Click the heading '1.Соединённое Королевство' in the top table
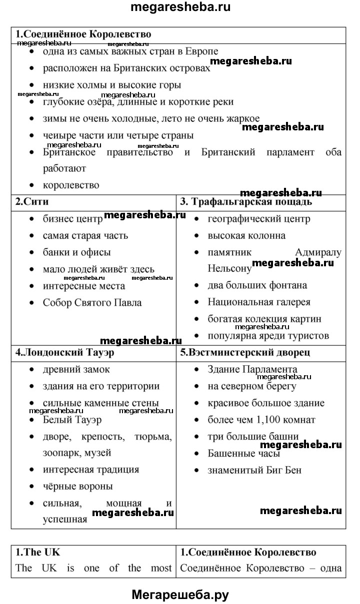tap(83, 34)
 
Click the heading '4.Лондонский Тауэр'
tap(65, 352)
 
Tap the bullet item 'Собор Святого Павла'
tap(92, 302)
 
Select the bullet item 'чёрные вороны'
tap(77, 486)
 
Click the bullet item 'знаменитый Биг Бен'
tap(254, 470)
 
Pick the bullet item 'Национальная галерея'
tap(259, 302)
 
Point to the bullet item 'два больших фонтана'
tap(257, 285)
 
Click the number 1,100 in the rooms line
tap(266, 420)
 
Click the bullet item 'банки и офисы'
tap(76, 252)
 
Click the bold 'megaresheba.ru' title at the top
tap(180, 8)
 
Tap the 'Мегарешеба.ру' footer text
tap(180, 594)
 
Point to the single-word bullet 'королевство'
tap(71, 185)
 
